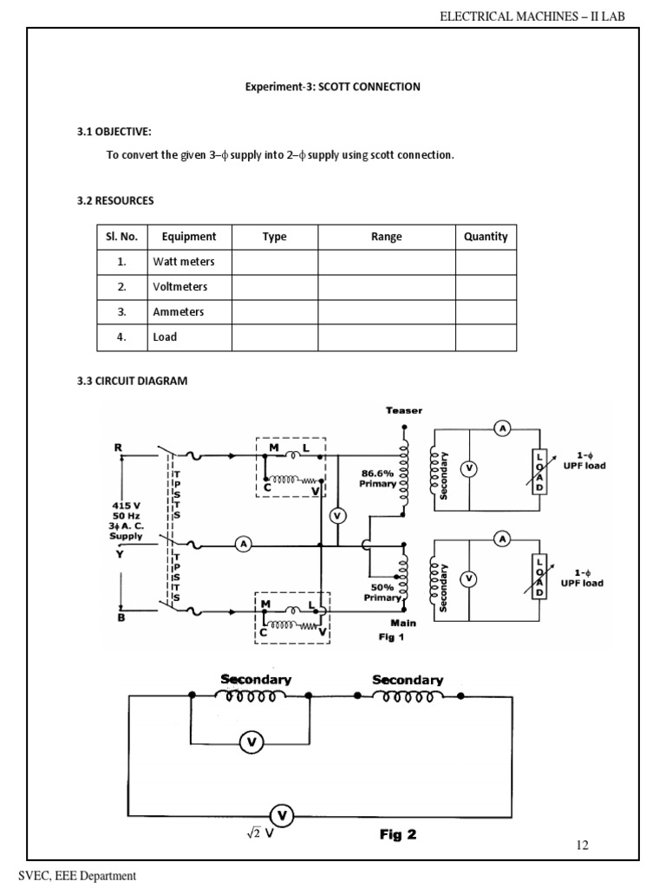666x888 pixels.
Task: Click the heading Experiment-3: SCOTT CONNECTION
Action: [x=333, y=87]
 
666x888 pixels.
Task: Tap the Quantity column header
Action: [x=486, y=237]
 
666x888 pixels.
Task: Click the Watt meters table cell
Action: [x=184, y=261]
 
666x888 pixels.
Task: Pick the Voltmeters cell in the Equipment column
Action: [x=180, y=286]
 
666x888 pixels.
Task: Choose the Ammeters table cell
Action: [x=179, y=311]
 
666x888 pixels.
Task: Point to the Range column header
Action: [x=387, y=237]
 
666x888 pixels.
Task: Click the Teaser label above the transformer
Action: [x=404, y=410]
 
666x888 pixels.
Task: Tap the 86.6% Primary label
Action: [x=378, y=479]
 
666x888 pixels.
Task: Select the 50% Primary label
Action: [x=383, y=591]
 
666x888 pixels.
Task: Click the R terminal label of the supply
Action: [x=119, y=447]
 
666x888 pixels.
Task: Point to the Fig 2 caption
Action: [x=398, y=835]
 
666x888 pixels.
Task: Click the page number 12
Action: [x=582, y=845]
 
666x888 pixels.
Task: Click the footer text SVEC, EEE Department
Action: [x=73, y=876]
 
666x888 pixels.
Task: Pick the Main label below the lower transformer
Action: [x=403, y=623]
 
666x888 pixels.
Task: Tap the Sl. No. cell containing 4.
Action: [x=122, y=337]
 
